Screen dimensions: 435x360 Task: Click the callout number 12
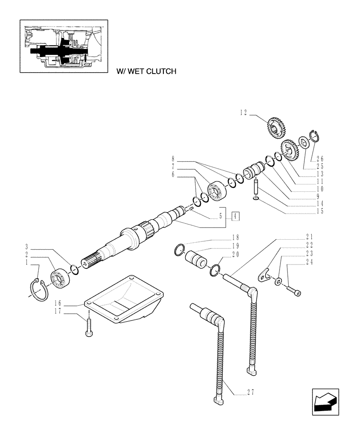(x=243, y=113)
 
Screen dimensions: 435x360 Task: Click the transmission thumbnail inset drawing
(x=64, y=46)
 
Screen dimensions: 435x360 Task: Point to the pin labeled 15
(x=257, y=190)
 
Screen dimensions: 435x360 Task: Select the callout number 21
(x=310, y=238)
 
